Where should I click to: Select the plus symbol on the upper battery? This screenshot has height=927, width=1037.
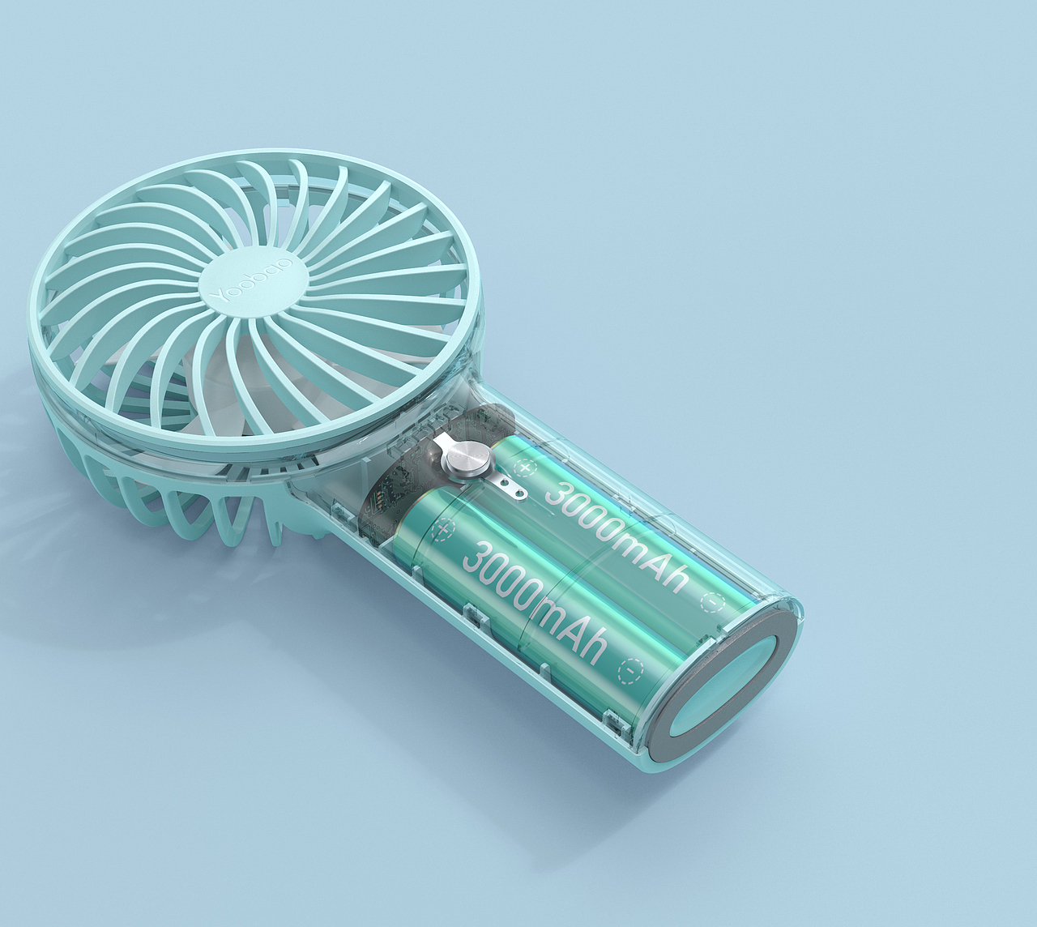pyautogui.click(x=523, y=468)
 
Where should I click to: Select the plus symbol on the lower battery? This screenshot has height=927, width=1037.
pyautogui.click(x=443, y=530)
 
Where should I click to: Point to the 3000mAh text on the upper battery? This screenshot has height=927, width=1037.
pyautogui.click(x=617, y=537)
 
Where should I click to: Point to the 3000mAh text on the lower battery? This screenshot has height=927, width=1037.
pyautogui.click(x=535, y=604)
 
